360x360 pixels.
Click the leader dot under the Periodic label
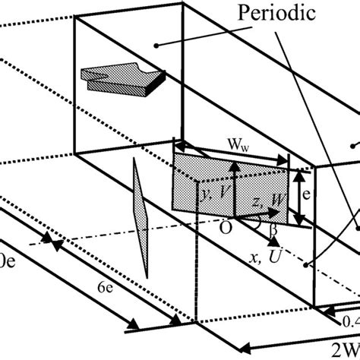click(156, 46)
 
